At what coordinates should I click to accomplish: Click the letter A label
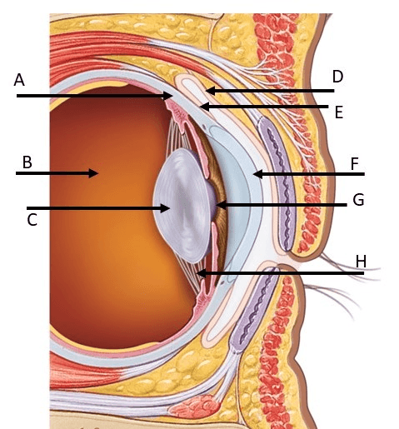[x=19, y=80]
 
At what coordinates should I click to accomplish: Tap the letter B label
[x=27, y=162]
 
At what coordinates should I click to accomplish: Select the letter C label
[x=32, y=220]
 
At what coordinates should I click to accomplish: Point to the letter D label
[x=337, y=77]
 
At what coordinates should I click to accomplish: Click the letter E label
[x=339, y=112]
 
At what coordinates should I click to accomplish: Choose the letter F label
[x=355, y=163]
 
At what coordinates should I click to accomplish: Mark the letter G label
[x=358, y=200]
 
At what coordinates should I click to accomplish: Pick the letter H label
[x=361, y=262]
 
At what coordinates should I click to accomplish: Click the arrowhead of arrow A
[x=168, y=96]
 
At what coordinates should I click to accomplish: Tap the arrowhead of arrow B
[x=93, y=173]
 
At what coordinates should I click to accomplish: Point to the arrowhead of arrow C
[x=165, y=208]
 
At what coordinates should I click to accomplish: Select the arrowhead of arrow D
[x=211, y=91]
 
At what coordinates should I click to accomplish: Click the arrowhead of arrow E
[x=205, y=107]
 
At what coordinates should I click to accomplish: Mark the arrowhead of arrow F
[x=258, y=174]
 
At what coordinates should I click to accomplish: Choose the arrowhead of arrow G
[x=221, y=205]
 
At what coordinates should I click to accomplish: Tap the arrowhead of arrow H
[x=202, y=273]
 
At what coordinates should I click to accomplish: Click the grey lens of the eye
[x=182, y=206]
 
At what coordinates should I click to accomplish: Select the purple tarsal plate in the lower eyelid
[x=254, y=308]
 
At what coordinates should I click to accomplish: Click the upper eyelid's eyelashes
[x=350, y=267]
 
